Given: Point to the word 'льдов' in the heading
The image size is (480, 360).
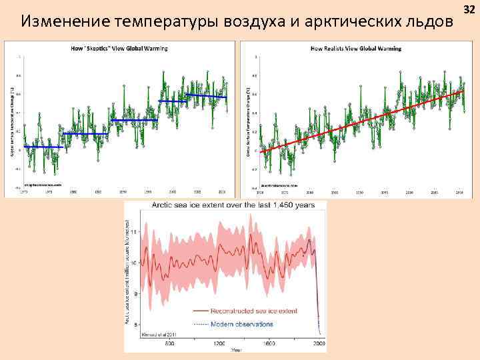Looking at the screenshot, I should [429, 21].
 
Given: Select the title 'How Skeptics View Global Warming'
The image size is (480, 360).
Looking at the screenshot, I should [119, 49].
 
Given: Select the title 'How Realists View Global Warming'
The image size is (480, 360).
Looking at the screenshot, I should [356, 49].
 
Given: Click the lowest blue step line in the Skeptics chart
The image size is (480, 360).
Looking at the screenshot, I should [44, 147].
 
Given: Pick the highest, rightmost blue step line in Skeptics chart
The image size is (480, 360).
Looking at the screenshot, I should [207, 97].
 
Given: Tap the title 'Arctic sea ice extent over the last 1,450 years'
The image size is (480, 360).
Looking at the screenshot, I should [233, 205].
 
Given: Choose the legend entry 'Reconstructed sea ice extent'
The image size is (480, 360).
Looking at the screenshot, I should [245, 310].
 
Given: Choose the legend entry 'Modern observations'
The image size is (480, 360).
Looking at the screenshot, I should [241, 324].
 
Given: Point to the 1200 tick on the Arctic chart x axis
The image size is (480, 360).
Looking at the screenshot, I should [219, 343].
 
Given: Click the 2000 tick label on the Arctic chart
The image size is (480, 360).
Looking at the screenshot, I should [319, 343].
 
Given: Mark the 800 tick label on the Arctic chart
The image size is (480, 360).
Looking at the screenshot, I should [170, 343].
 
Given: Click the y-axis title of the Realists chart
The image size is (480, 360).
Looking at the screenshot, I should [247, 121].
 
